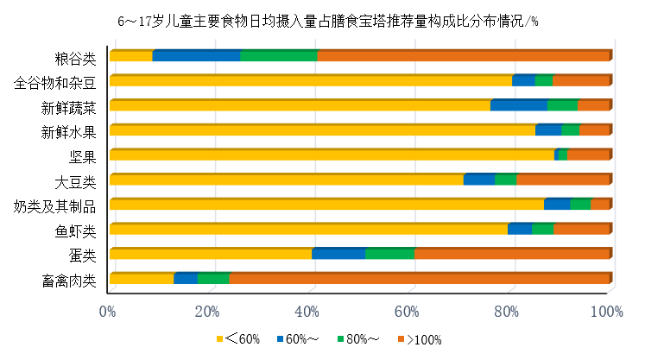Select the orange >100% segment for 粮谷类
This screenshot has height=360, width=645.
[464, 56]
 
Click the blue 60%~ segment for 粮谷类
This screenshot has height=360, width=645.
[196, 56]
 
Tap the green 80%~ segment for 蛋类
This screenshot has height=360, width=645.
[389, 254]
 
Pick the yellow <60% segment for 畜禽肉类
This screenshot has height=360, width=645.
[142, 278]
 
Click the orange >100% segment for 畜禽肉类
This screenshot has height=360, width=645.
[419, 278]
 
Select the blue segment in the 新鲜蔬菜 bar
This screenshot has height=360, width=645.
[518, 105]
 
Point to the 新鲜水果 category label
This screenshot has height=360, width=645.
[68, 133]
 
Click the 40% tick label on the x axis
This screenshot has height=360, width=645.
[308, 311]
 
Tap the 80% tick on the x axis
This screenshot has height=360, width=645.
[508, 311]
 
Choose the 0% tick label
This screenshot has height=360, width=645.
[108, 311]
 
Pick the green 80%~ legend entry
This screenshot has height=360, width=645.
[361, 339]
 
